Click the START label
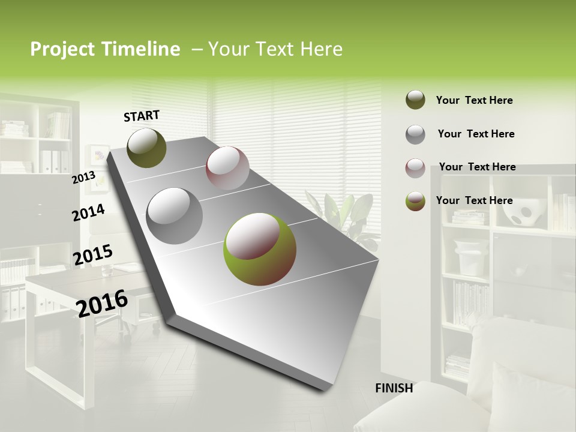[142, 116]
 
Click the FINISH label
[394, 388]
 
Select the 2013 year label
[83, 177]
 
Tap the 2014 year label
[88, 212]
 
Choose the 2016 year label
[102, 302]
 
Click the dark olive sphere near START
[146, 148]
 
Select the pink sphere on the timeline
[227, 168]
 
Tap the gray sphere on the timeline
[175, 215]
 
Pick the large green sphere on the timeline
[259, 248]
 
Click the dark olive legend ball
[415, 100]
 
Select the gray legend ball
[415, 134]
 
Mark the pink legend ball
[415, 167]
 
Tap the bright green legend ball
[415, 201]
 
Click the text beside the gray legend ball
[476, 134]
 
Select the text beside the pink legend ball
[477, 167]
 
